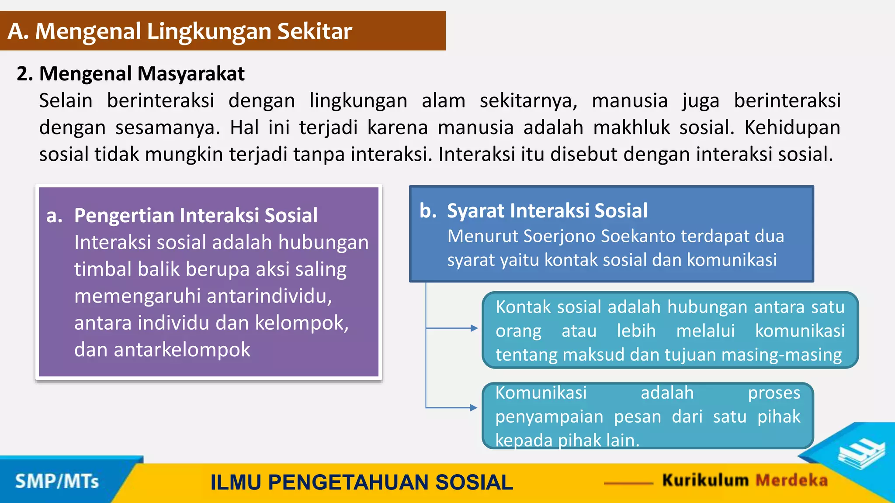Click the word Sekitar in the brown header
pos(314,31)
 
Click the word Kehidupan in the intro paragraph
pos(792,127)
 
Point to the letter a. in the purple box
pos(54,216)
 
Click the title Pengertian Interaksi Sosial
pos(195,216)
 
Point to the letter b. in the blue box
pos(428,211)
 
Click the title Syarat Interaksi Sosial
pos(547,211)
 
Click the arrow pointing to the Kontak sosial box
pos(474,328)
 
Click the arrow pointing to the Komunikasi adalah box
pos(474,407)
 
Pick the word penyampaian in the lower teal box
pos(549,417)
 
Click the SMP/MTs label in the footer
pos(57,482)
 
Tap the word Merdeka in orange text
pos(791,480)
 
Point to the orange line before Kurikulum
pos(628,483)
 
